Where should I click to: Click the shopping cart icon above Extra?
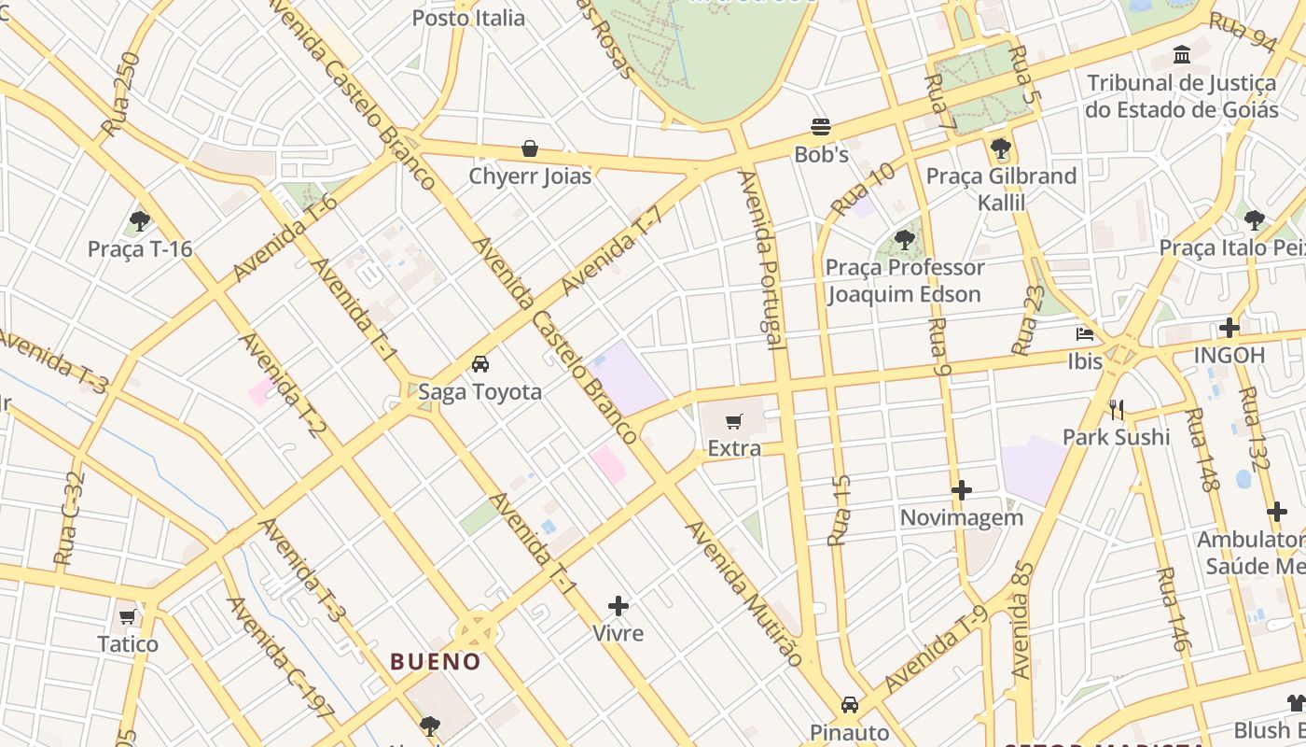(x=734, y=421)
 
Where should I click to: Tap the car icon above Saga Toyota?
(x=479, y=364)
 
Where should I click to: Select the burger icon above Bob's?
(x=821, y=126)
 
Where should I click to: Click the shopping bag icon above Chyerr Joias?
(x=530, y=148)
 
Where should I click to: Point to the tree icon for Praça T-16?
(x=140, y=221)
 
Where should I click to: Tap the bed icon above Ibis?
(x=1085, y=333)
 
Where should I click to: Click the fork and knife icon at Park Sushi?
(x=1116, y=409)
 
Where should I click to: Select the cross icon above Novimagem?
(x=962, y=490)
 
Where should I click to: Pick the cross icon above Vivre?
(x=618, y=606)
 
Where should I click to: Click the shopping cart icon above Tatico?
(x=128, y=617)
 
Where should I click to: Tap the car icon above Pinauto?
(x=849, y=704)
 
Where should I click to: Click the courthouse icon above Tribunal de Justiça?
(x=1182, y=55)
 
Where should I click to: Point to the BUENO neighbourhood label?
(x=436, y=662)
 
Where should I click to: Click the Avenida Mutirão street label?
(x=743, y=593)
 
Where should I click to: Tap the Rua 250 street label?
(x=119, y=94)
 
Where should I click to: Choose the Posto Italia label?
(x=468, y=18)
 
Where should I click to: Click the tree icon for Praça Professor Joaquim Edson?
(x=904, y=240)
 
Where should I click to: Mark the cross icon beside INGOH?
(x=1230, y=328)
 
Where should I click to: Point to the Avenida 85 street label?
(x=1023, y=620)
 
